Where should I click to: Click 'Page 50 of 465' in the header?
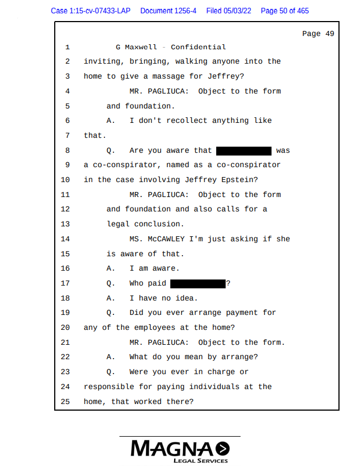pyautogui.click(x=285, y=11)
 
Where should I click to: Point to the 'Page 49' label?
pyautogui.click(x=318, y=34)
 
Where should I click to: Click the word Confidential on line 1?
pyautogui.click(x=198, y=47)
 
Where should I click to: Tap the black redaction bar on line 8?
pyautogui.click(x=244, y=151)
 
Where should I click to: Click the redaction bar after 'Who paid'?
pyautogui.click(x=198, y=283)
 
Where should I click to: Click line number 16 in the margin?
pyautogui.click(x=65, y=268)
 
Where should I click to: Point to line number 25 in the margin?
pyautogui.click(x=65, y=401)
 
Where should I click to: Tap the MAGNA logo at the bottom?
pyautogui.click(x=180, y=448)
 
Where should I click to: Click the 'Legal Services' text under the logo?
pyautogui.click(x=200, y=461)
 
